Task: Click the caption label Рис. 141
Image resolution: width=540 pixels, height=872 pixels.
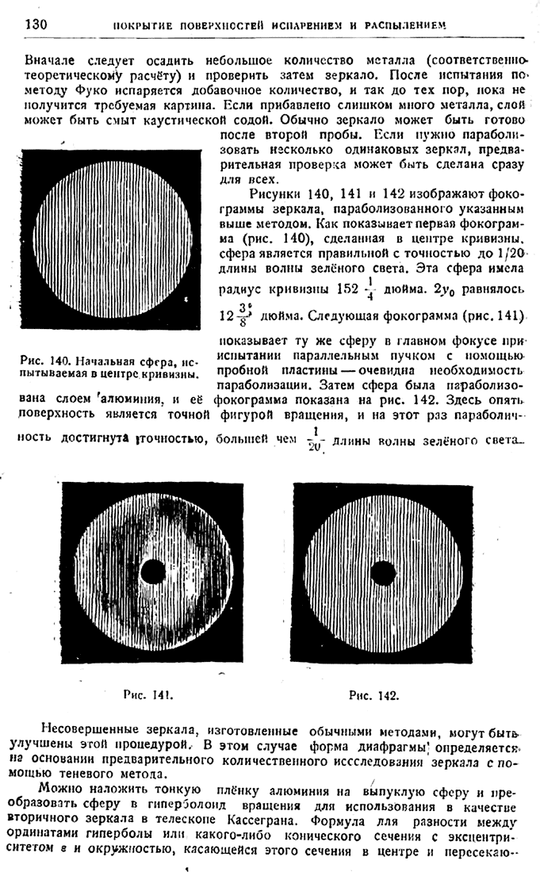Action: (x=148, y=694)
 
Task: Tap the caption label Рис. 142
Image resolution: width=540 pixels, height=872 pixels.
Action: (x=373, y=695)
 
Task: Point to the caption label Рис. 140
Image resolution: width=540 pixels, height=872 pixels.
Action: (x=46, y=361)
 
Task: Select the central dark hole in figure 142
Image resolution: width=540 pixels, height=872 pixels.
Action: (x=383, y=572)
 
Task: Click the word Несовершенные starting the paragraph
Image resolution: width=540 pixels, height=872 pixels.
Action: (x=88, y=729)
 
